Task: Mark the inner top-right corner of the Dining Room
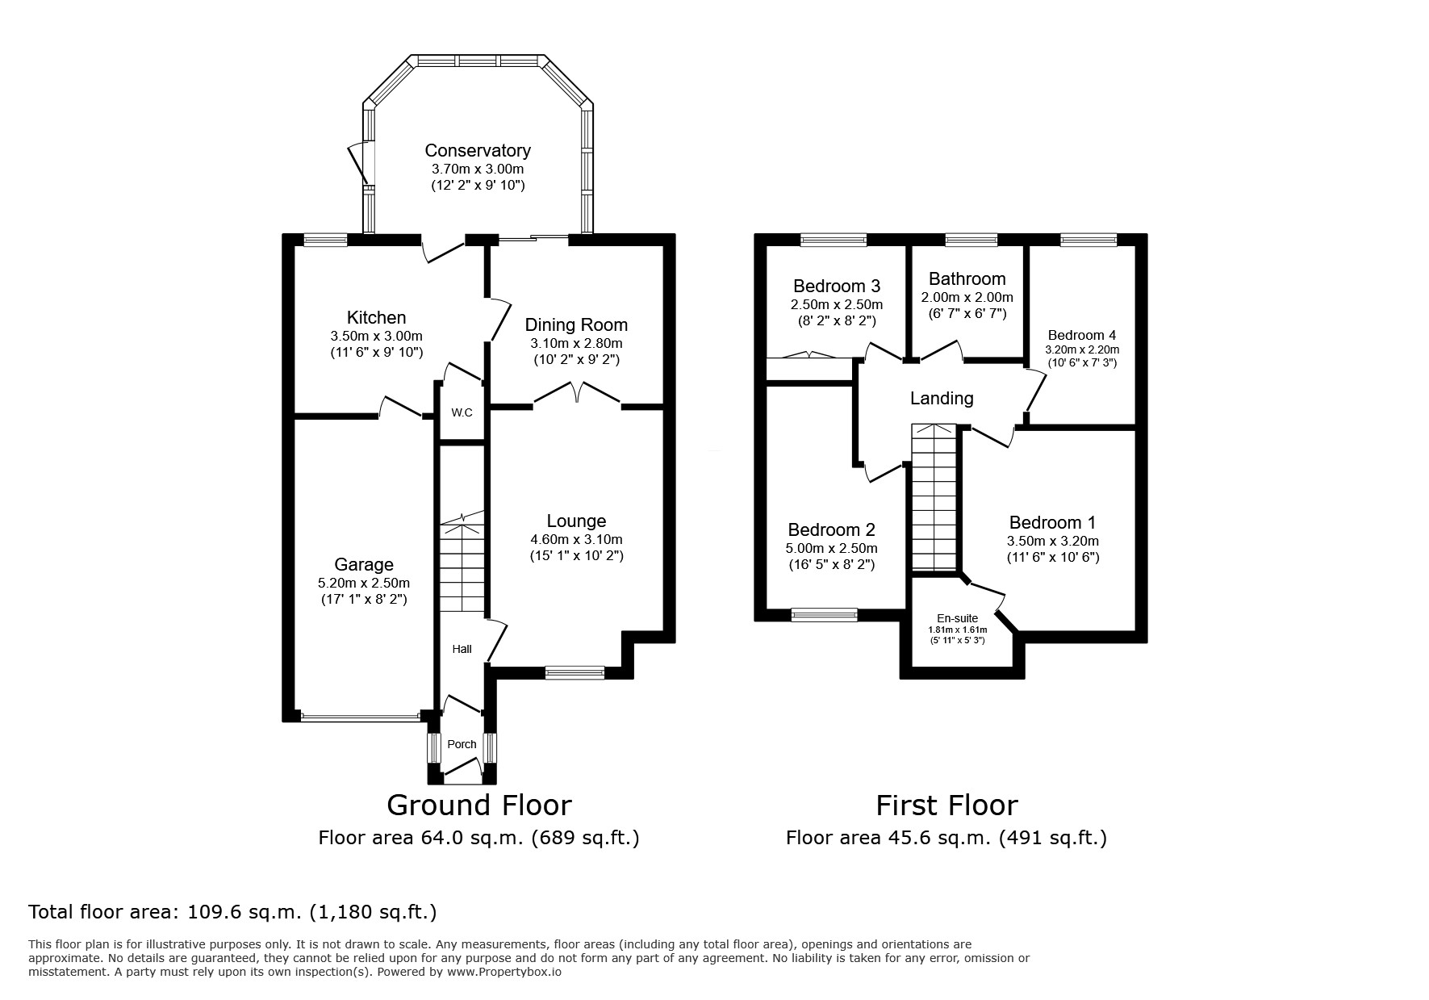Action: (662, 245)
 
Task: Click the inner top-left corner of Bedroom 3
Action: (767, 245)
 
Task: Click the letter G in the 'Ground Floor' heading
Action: (399, 805)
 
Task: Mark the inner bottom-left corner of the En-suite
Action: (912, 667)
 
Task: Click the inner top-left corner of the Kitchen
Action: (295, 245)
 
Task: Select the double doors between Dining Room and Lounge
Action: (577, 393)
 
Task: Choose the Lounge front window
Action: (575, 672)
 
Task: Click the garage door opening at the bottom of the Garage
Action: (359, 715)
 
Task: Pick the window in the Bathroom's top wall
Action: (971, 240)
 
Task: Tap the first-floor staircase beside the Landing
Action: (934, 497)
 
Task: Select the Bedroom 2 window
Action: (825, 615)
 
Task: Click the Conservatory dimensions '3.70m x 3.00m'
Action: (478, 169)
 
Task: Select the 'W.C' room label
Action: (462, 413)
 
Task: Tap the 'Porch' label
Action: (462, 744)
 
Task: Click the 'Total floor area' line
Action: (232, 913)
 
